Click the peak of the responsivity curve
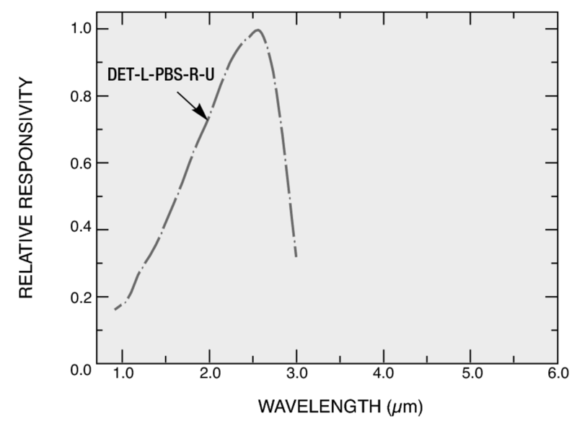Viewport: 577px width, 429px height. pyautogui.click(x=257, y=30)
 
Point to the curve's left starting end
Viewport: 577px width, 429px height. pyautogui.click(x=115, y=310)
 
